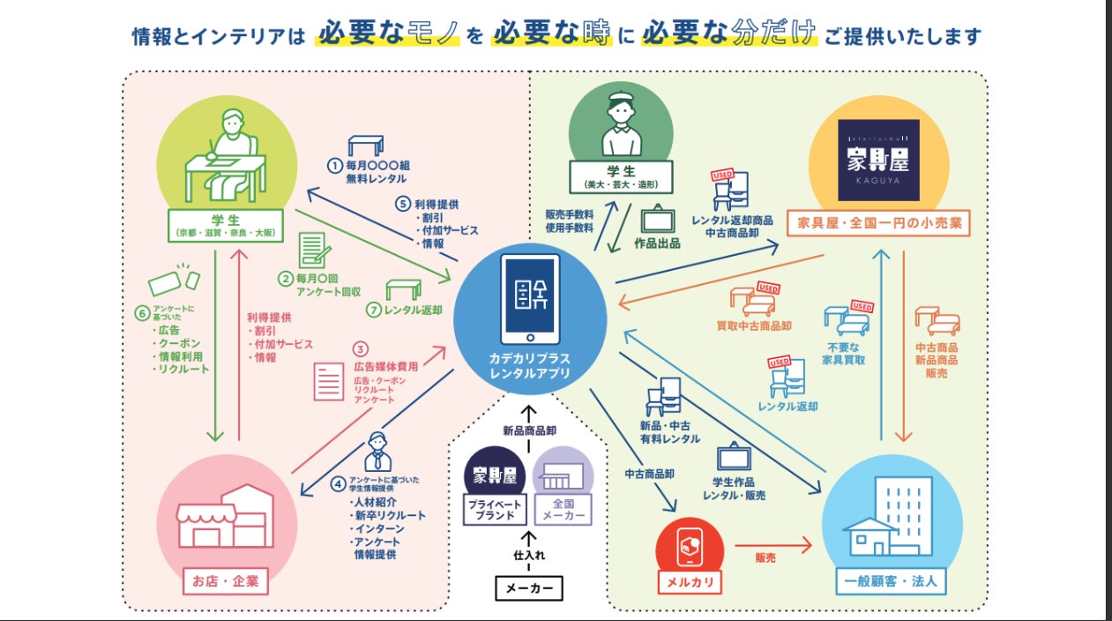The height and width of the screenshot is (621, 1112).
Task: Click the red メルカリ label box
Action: [x=690, y=582]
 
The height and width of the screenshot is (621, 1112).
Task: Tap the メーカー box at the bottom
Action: [x=528, y=587]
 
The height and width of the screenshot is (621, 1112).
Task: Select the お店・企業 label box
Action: [x=225, y=582]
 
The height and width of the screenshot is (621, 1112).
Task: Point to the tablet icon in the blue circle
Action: [x=530, y=299]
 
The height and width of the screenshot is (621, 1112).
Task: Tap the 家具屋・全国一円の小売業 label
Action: [x=878, y=224]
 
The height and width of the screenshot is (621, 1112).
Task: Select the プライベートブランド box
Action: [x=495, y=511]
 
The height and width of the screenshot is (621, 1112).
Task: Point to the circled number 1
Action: [x=334, y=165]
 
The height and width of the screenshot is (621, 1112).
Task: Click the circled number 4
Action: [x=338, y=483]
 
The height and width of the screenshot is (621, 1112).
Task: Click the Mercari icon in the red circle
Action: [x=690, y=547]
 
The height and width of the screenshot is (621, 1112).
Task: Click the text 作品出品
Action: [x=657, y=243]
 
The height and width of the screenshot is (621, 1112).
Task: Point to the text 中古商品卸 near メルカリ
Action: [x=649, y=474]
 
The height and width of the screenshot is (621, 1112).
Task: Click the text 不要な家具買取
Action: [x=844, y=353]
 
